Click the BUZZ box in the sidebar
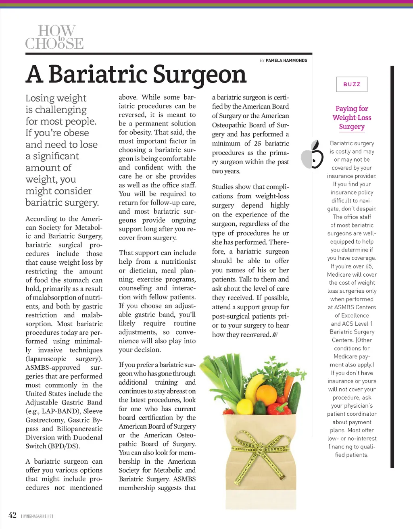coord(352,84)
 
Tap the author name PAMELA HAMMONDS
coord(286,60)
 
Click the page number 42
coord(13,515)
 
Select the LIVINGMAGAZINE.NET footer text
coord(37,516)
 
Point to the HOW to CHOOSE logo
coord(54,37)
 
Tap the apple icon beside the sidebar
coord(313,155)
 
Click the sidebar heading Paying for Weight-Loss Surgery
coord(352,117)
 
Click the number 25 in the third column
coord(257,143)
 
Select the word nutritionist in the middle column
coord(178,262)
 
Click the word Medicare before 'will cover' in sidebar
coord(341,275)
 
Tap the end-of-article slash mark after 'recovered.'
coord(275,335)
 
